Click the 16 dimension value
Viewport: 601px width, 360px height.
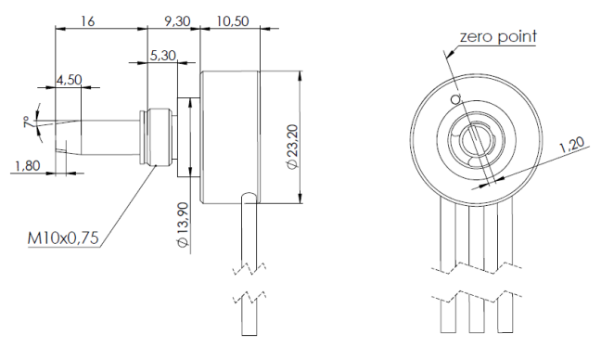point(87,20)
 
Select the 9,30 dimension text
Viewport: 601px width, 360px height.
point(177,21)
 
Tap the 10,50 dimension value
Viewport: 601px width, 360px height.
point(233,21)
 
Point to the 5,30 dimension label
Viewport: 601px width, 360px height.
point(163,56)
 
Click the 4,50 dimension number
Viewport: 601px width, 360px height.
point(69,80)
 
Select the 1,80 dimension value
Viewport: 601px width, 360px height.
point(27,166)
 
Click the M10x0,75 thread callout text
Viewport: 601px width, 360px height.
point(63,238)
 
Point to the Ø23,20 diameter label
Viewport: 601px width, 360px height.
point(292,147)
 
